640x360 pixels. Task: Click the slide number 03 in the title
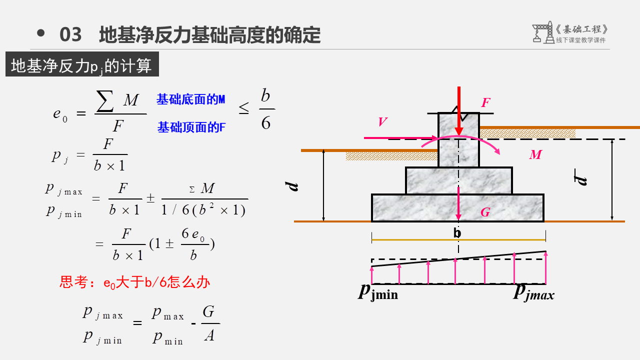click(x=70, y=35)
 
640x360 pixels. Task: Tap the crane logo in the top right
click(x=542, y=33)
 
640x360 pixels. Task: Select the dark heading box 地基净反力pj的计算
click(x=82, y=64)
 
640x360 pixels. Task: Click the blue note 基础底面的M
click(x=190, y=99)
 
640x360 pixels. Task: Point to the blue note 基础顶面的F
click(x=191, y=127)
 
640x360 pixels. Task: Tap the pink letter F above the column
click(x=485, y=103)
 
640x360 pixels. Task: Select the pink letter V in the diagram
click(x=382, y=122)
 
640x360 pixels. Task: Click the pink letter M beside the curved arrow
click(x=535, y=155)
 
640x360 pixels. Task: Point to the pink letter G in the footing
click(x=484, y=212)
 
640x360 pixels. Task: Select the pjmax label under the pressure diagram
click(x=534, y=292)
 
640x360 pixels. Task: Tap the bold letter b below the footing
click(x=457, y=233)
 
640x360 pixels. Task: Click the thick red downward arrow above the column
click(x=458, y=110)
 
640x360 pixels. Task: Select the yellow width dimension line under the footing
click(x=458, y=240)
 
